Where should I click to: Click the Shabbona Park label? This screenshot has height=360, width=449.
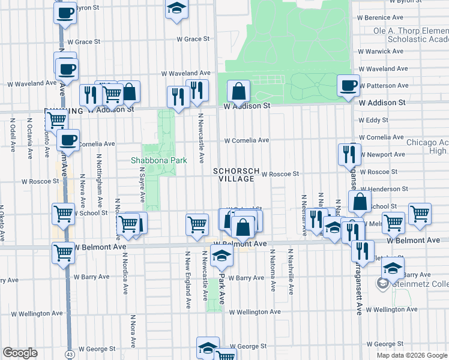tap(159, 160)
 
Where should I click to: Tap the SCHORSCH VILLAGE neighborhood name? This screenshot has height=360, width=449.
tap(237, 174)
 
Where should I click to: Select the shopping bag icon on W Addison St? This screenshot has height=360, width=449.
tap(238, 92)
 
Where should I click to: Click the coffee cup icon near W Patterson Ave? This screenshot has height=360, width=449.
tap(348, 85)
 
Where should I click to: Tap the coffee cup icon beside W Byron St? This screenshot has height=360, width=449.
tap(65, 12)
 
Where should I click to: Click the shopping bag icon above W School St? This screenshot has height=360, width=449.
tap(359, 203)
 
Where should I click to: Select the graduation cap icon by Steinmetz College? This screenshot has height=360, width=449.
tap(393, 268)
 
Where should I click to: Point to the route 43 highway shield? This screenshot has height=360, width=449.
tap(70, 348)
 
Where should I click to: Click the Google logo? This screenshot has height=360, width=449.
tap(20, 353)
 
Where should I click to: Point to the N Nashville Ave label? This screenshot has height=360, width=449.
tap(291, 271)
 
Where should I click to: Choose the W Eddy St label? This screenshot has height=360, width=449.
tap(374, 120)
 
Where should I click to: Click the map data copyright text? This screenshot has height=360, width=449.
tap(412, 355)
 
